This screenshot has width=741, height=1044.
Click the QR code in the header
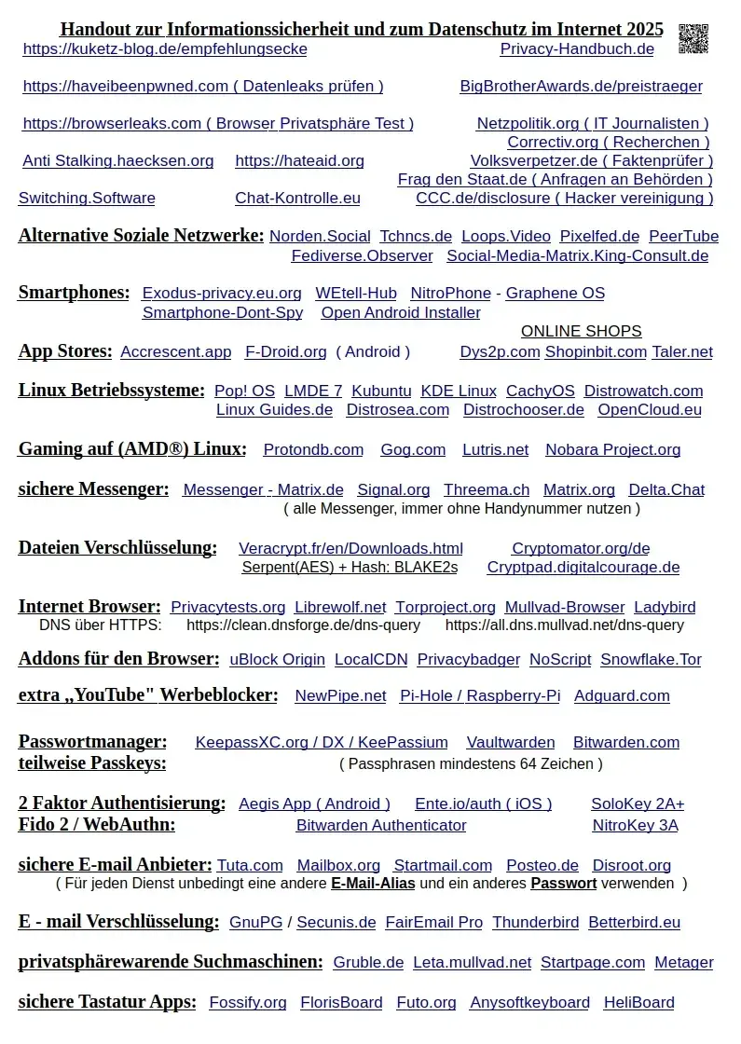click(x=693, y=38)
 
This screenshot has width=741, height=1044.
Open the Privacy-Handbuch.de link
click(x=576, y=49)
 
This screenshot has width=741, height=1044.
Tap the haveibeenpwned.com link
click(x=202, y=87)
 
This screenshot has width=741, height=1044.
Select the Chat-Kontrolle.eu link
click(x=297, y=199)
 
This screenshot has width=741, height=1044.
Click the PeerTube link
click(x=683, y=237)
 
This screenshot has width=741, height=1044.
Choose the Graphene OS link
click(x=555, y=294)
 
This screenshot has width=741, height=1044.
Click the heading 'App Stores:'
click(x=65, y=351)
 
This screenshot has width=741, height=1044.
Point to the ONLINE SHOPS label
click(x=581, y=332)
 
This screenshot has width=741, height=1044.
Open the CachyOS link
click(x=540, y=391)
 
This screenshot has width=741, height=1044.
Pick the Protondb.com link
click(x=313, y=450)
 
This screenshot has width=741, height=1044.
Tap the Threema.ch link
click(x=486, y=490)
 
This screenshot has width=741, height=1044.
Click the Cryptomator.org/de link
click(x=580, y=549)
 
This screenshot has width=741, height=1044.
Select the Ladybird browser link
click(x=665, y=608)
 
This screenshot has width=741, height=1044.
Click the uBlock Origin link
click(x=277, y=660)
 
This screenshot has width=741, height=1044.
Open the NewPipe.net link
click(x=340, y=696)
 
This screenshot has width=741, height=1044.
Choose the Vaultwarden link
click(x=510, y=743)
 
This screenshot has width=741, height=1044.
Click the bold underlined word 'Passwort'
click(x=563, y=883)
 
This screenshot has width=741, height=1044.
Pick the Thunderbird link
click(x=535, y=923)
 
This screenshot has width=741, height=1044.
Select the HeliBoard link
click(x=638, y=1003)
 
